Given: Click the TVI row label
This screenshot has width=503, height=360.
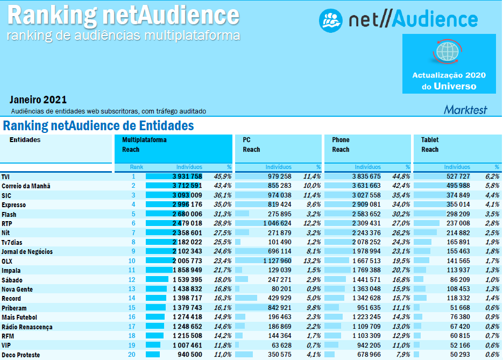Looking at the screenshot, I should coord(5,177).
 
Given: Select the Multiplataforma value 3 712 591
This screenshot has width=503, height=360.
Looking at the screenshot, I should coord(187,186).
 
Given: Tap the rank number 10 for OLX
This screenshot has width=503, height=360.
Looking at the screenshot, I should coord(132,261).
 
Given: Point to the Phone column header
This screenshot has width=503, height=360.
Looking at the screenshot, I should coord(341,140).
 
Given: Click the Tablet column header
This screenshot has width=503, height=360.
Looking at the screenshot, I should coord(430,140).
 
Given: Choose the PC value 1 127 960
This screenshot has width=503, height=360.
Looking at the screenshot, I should coord(276,261).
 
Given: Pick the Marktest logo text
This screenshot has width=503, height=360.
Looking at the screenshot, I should coord(465,110).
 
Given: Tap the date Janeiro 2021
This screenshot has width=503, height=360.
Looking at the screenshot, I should coord(38,100).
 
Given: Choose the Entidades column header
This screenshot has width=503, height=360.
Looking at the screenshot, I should coord(25,140).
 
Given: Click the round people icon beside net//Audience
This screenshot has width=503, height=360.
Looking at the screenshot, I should coord(331,20).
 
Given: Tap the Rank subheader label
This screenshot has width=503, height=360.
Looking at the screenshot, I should coord(137,167).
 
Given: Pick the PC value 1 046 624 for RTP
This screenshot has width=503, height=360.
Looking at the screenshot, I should coord(276,223).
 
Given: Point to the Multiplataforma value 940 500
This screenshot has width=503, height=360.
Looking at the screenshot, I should coord(190,355).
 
